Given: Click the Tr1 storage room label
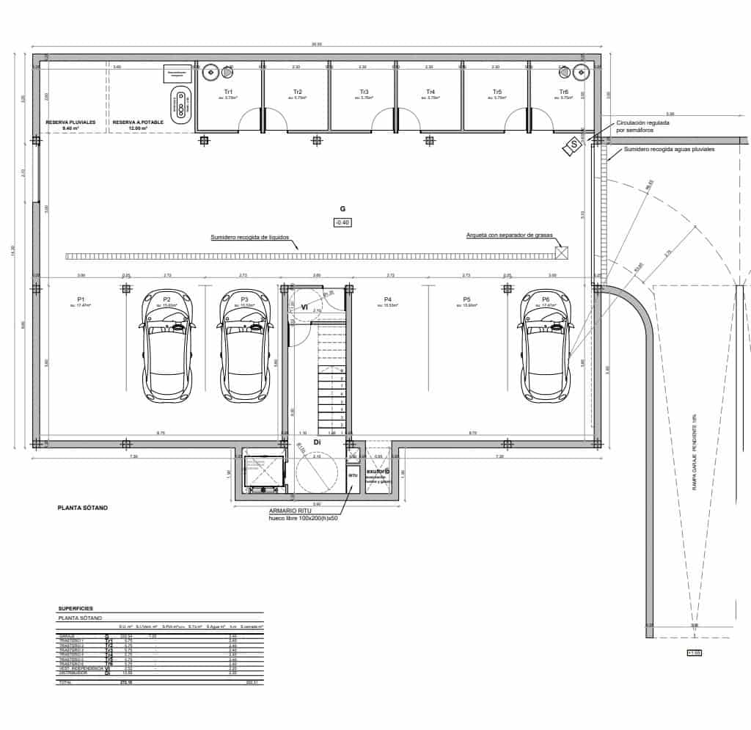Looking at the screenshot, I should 229,92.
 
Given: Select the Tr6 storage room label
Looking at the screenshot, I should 563,92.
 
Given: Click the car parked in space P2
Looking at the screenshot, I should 166,348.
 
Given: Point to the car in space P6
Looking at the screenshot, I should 546,348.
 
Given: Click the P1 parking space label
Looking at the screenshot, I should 82,299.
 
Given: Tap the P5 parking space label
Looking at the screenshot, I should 466,299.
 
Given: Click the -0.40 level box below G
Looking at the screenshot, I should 342,222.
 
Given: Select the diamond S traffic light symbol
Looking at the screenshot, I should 572,146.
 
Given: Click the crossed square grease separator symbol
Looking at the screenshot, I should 562,252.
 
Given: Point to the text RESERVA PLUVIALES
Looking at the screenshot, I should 71,123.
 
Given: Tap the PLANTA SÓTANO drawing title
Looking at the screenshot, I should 82,507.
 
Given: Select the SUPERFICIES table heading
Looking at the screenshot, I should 76,608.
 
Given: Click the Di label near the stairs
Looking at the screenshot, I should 318,443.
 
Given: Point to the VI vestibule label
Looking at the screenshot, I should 304,307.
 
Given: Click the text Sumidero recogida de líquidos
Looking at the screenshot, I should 249,238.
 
